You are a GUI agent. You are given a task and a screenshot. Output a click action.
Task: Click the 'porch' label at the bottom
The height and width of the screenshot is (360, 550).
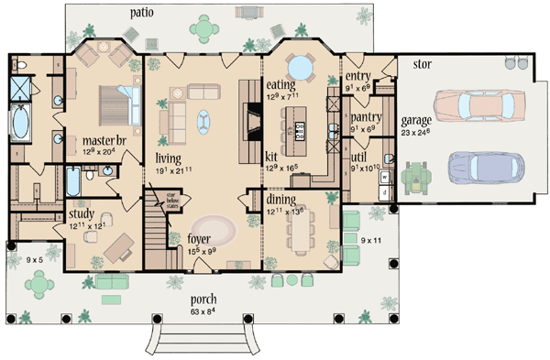[x=203, y=299]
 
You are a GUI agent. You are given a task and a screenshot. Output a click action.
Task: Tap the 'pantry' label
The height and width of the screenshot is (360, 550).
[x=367, y=116]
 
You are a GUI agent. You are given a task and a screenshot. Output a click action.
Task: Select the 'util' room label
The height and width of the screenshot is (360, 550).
[x=360, y=158]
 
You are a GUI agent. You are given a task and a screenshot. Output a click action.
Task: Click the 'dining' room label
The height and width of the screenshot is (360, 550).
[x=280, y=197]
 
